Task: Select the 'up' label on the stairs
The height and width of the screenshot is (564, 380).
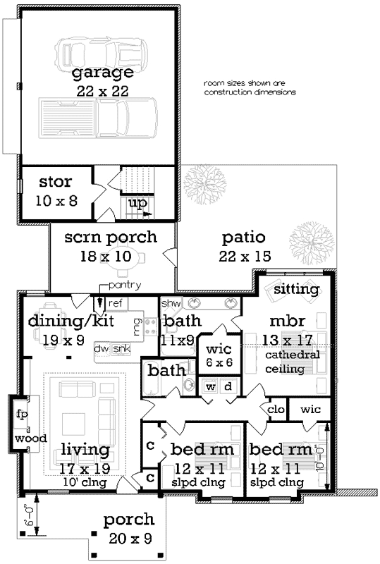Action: [x=139, y=203]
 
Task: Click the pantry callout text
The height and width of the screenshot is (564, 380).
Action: [x=126, y=285]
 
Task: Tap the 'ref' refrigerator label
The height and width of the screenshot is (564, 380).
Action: [x=116, y=302]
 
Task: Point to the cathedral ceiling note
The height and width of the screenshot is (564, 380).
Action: [x=293, y=362]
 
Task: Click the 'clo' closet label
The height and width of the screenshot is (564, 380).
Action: [x=276, y=409]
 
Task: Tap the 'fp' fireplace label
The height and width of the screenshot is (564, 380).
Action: [x=22, y=415]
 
